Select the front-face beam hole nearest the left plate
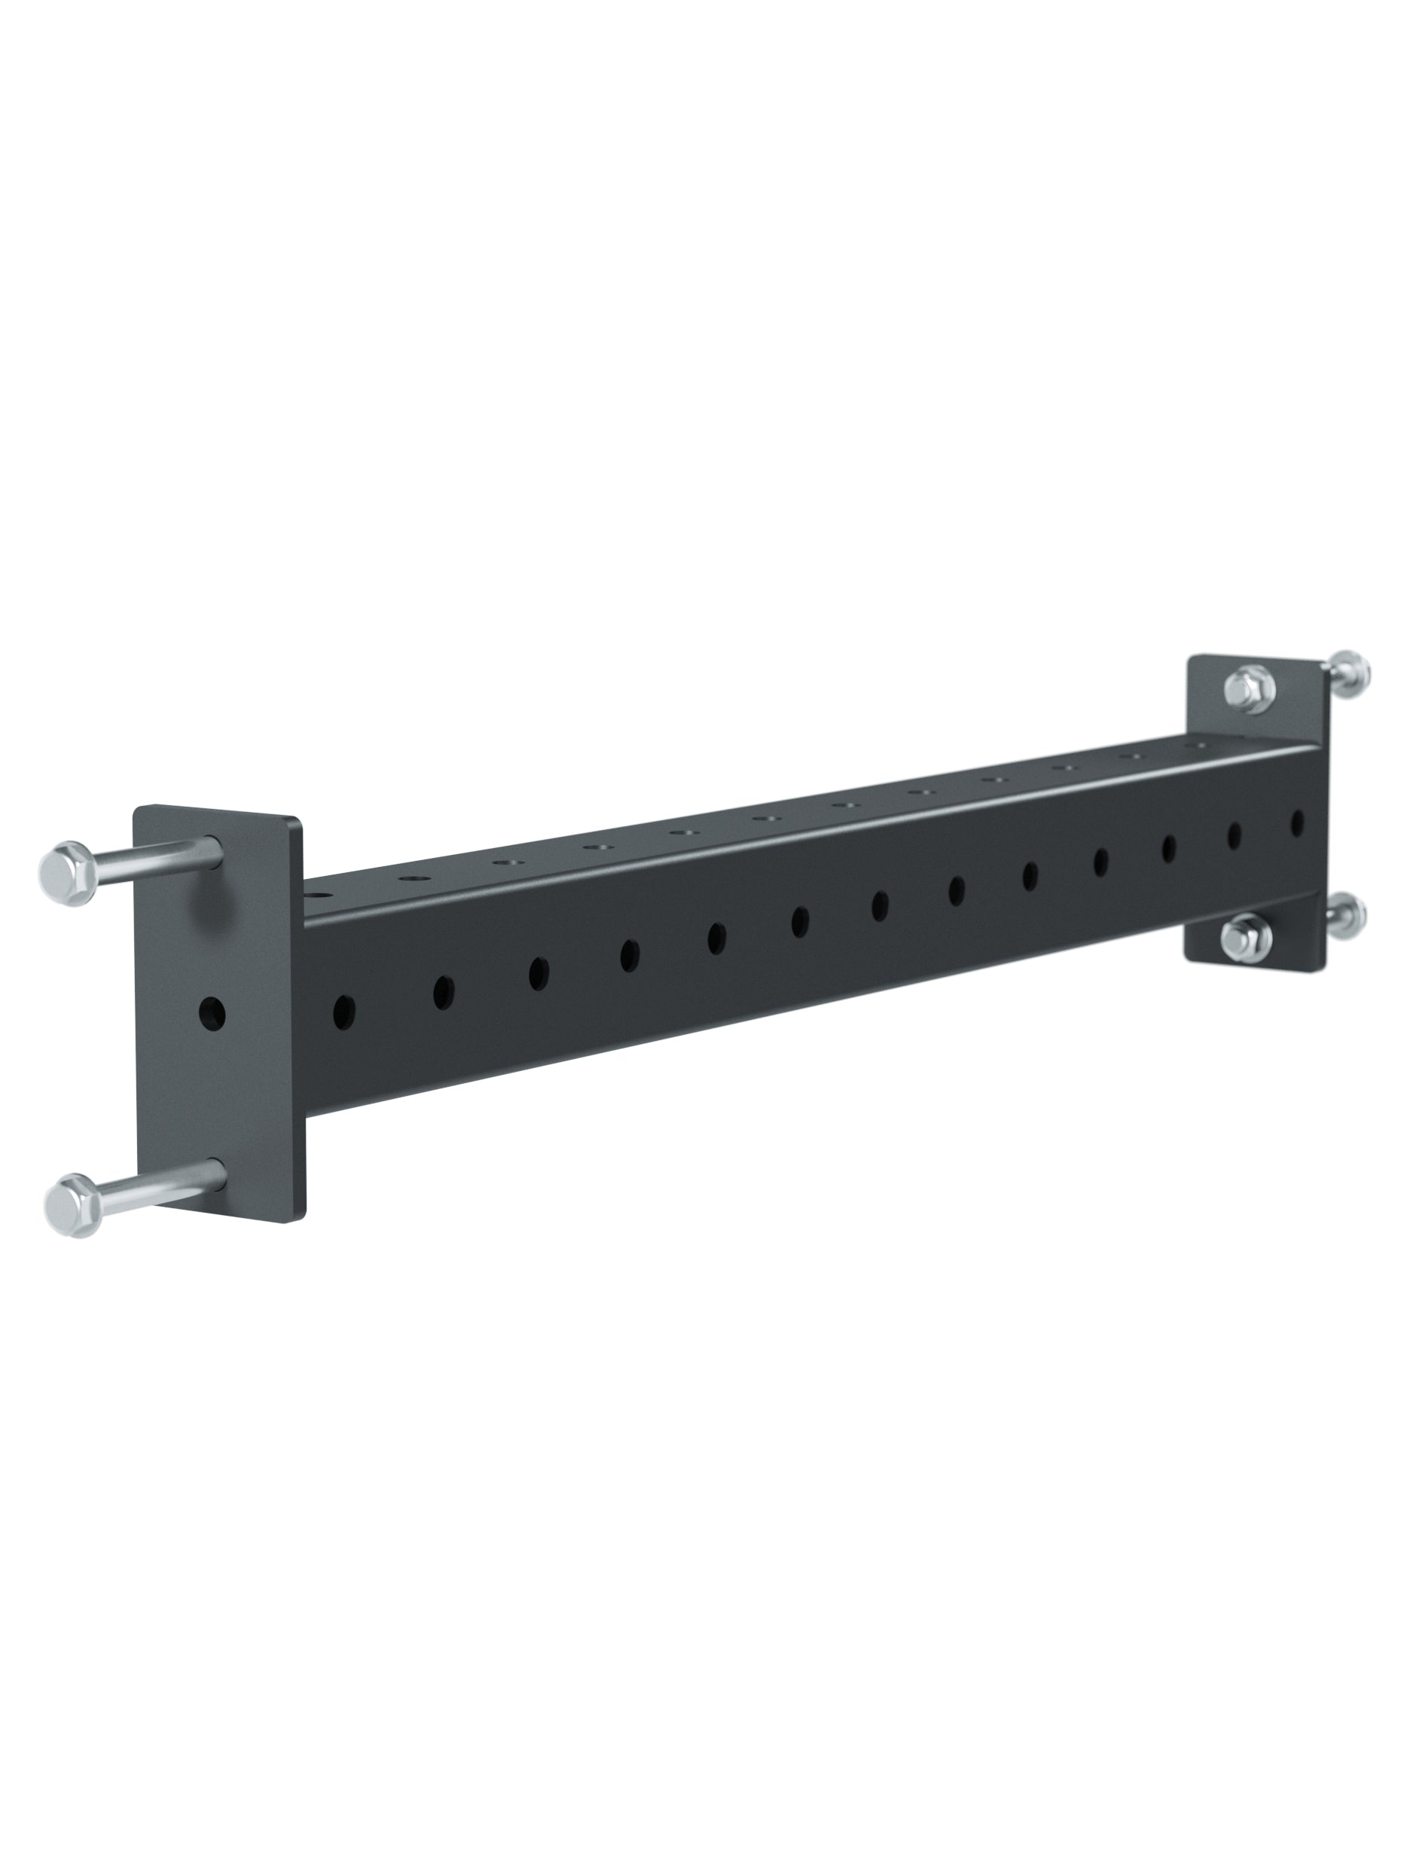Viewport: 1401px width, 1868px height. click(x=344, y=1011)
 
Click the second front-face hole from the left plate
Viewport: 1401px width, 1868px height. click(x=444, y=992)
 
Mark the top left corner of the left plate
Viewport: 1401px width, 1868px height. click(x=137, y=808)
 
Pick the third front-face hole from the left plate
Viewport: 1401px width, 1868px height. click(x=539, y=973)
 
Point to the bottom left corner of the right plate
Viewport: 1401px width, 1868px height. click(x=1186, y=957)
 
